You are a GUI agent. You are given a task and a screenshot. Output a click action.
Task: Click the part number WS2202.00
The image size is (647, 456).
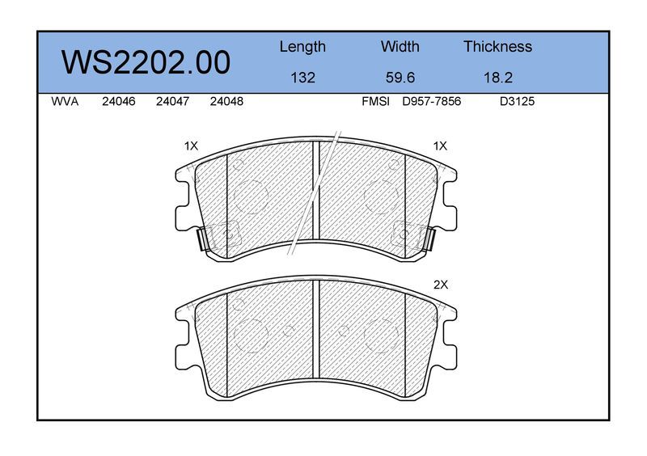(146, 62)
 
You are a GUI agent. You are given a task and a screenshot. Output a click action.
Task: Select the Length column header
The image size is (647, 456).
(302, 47)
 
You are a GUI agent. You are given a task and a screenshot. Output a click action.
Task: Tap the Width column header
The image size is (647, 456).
(400, 46)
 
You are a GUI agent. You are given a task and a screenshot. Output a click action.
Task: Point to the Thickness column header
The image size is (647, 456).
(497, 46)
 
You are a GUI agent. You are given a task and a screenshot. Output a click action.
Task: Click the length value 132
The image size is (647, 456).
(302, 78)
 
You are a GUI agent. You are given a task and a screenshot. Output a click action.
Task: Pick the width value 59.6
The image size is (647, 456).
(400, 78)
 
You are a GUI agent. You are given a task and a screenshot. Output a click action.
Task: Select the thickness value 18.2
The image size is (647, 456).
(498, 78)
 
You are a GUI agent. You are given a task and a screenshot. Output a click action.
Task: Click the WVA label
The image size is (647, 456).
(65, 101)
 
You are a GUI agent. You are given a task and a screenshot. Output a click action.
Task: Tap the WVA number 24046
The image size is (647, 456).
(119, 101)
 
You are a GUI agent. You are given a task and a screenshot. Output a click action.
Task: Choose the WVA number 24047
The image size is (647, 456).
(172, 101)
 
